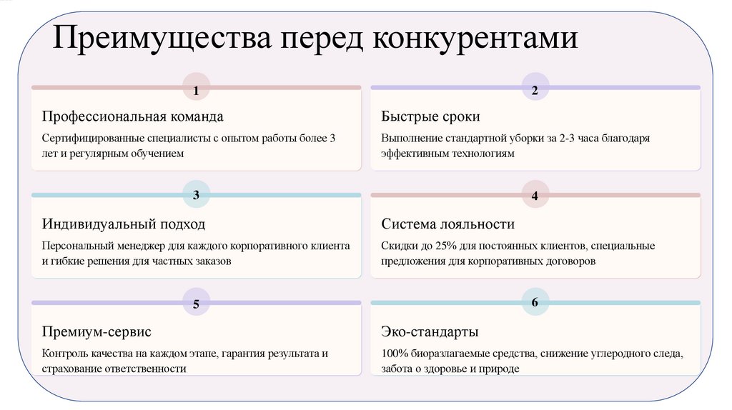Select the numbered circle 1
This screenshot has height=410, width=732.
pos(197,90)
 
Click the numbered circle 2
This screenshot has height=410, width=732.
pos(535,90)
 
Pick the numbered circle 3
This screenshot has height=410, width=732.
pos(197,194)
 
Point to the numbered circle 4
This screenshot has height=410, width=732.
pos(535,195)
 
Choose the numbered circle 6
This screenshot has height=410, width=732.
pos(535,303)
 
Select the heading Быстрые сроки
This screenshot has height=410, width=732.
pos(430,116)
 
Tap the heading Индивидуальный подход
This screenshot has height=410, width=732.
pos(123,224)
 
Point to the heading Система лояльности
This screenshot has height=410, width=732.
pos(447,224)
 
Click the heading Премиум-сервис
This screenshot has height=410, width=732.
pos(97,332)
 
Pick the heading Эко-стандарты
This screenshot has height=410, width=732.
pos(430,332)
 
